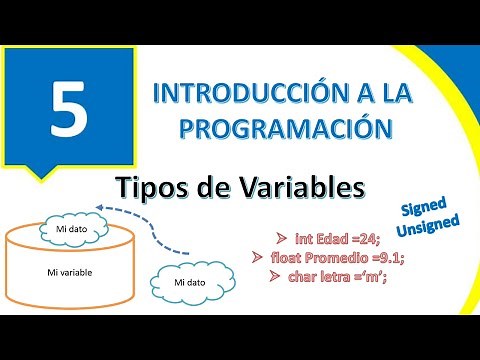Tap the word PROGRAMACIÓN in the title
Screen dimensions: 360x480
point(272,129)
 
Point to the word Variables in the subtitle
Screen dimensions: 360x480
point(281,187)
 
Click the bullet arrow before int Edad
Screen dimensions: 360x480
point(278,239)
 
